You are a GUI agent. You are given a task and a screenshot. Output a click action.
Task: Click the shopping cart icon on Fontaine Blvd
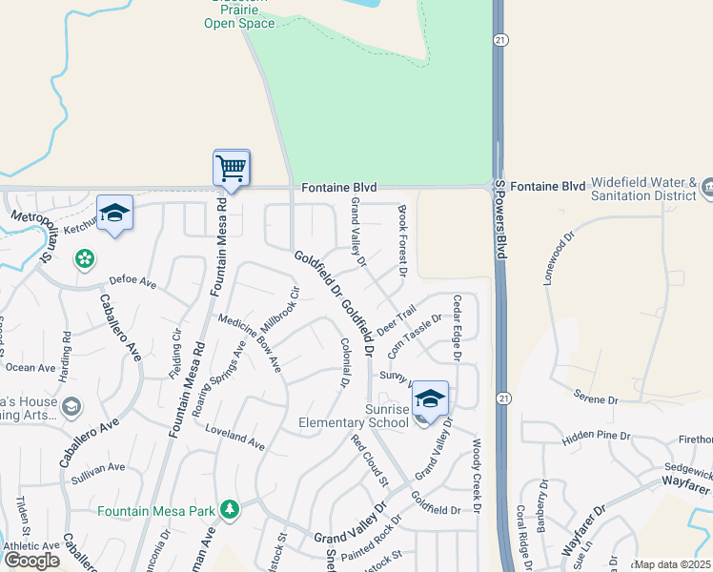tap(232, 169)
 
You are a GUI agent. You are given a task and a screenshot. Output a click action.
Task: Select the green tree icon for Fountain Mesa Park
tap(229, 510)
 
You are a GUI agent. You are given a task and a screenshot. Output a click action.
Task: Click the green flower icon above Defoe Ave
tap(85, 258)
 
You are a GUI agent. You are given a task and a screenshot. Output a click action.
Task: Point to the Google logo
tap(31, 560)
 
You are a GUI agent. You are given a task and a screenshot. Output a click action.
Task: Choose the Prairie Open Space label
tap(240, 16)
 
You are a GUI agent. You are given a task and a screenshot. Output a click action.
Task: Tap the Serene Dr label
tap(598, 397)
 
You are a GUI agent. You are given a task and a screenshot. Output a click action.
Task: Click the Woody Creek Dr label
tap(478, 477)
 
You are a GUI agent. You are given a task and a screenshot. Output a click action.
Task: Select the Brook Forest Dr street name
tap(402, 242)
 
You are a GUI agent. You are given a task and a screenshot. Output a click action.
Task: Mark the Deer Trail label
tap(397, 320)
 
